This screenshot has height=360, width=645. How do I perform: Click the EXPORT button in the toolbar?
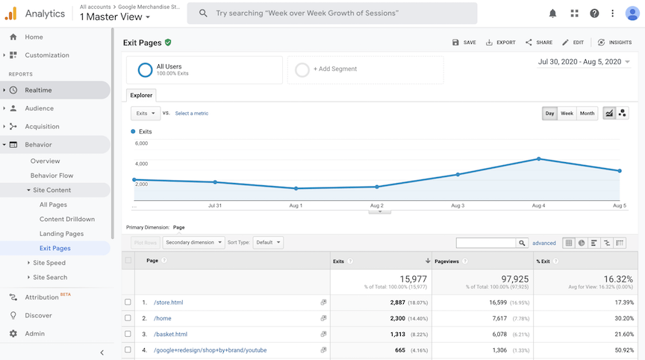500,43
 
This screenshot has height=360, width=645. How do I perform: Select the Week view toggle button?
567,114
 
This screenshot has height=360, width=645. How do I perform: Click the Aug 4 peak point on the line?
538,159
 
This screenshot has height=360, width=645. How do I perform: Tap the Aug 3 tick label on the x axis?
458,205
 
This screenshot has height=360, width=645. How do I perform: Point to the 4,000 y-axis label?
141,164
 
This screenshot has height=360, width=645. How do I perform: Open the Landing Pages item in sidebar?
61,234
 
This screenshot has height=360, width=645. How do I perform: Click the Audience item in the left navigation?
39,108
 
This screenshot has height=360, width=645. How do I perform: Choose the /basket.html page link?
170,335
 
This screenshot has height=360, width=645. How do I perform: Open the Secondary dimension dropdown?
193,243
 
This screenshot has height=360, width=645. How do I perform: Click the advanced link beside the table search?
543,243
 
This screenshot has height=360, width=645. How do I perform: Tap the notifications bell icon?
552,13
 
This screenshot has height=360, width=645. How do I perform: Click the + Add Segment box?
365,69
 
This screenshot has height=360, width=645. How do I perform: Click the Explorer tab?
142,95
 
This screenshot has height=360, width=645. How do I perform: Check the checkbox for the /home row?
128,318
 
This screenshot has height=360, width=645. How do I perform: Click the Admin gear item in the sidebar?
34,334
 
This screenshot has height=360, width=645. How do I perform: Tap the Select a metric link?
192,114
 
